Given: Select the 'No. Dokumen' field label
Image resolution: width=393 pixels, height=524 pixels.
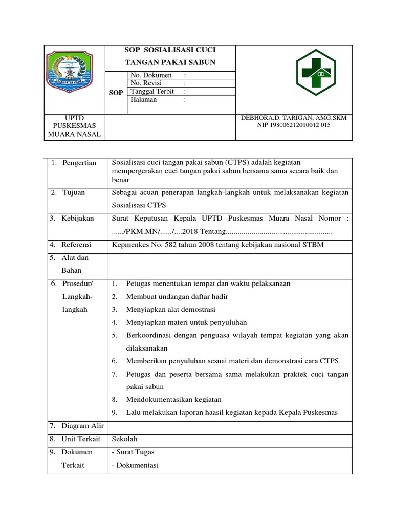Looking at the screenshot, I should [x=151, y=75].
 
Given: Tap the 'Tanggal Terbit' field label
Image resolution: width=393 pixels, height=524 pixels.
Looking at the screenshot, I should [x=152, y=92].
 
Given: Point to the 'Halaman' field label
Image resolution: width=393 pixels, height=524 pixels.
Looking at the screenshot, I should [x=144, y=100].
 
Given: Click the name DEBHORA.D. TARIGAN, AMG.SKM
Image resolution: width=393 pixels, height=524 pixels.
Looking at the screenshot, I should [x=294, y=118].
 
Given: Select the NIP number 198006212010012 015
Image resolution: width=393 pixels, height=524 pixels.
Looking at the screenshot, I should [x=294, y=125].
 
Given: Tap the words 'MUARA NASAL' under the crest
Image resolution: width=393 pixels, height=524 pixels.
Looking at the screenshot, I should [x=75, y=134].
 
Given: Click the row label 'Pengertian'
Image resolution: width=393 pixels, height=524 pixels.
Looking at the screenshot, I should [x=79, y=163].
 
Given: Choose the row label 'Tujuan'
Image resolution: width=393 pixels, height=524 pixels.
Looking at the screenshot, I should [x=74, y=193].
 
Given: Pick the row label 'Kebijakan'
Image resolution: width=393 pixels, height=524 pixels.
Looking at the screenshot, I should [x=78, y=219].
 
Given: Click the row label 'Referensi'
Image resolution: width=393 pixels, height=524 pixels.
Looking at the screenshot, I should [x=77, y=245].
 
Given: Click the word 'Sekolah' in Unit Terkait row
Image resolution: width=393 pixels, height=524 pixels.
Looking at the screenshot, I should [x=124, y=439].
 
